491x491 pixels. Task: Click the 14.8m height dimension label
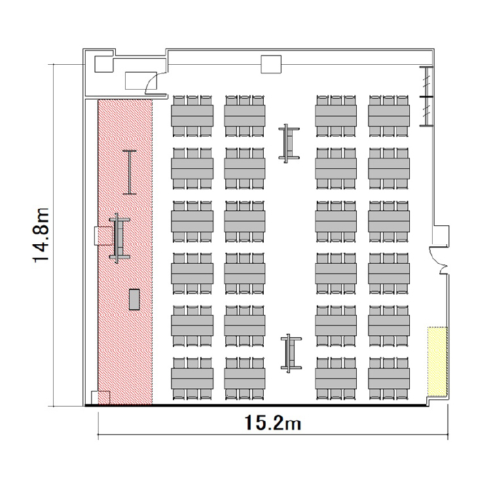(x=41, y=235)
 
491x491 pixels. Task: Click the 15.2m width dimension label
(x=273, y=423)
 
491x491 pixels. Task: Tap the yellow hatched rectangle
(x=437, y=361)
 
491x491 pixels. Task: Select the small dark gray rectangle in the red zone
(x=134, y=300)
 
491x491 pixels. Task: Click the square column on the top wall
(x=271, y=64)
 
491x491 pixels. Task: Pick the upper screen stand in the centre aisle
(x=289, y=143)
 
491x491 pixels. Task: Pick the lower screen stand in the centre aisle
(x=291, y=354)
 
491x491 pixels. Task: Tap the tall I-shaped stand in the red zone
(x=130, y=173)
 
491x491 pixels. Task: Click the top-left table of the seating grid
(x=192, y=115)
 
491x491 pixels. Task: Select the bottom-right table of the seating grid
(x=389, y=378)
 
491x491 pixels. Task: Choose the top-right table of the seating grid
(x=389, y=115)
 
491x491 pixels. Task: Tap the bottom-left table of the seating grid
(x=192, y=378)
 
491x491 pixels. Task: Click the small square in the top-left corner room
(x=103, y=64)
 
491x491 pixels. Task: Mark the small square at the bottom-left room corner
(x=100, y=397)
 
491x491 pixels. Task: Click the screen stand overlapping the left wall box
(x=119, y=238)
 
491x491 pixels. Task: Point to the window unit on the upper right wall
(x=426, y=96)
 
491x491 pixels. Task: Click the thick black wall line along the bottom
(x=257, y=406)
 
